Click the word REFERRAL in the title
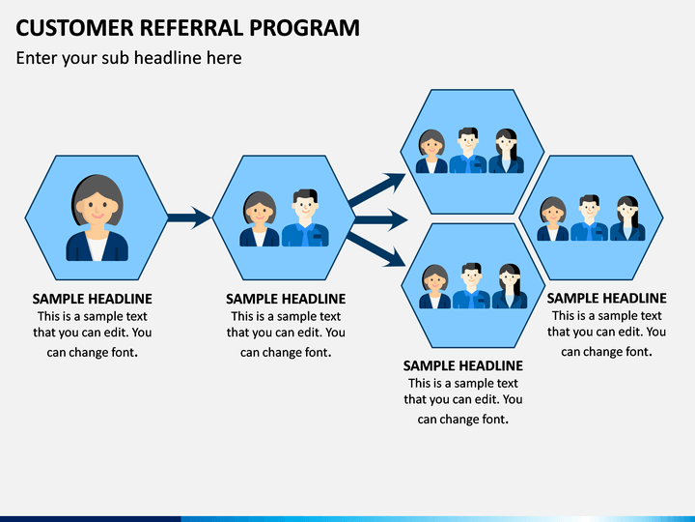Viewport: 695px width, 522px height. click(191, 27)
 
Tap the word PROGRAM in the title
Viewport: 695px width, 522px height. click(304, 27)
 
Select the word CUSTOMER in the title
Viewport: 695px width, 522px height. click(74, 27)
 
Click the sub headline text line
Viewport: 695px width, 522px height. click(129, 58)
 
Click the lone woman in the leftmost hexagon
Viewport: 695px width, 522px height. click(97, 217)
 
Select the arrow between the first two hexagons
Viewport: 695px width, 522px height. click(189, 217)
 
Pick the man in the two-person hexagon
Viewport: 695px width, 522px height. click(305, 217)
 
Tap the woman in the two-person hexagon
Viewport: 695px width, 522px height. click(260, 218)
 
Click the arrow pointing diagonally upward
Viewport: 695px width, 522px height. click(376, 190)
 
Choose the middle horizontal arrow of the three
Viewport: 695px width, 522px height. click(381, 219)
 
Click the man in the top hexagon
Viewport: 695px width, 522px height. click(468, 151)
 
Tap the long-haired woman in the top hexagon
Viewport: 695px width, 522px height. click(506, 151)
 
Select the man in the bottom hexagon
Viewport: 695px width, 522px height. click(471, 286)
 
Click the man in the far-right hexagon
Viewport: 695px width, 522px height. click(589, 217)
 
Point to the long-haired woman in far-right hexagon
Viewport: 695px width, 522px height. click(627, 218)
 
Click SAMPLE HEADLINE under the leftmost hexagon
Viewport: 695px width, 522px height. click(93, 299)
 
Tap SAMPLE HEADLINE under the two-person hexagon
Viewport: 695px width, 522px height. click(286, 299)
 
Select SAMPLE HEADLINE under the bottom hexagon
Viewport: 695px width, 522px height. click(463, 365)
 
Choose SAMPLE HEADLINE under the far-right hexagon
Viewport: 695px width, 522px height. click(607, 298)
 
